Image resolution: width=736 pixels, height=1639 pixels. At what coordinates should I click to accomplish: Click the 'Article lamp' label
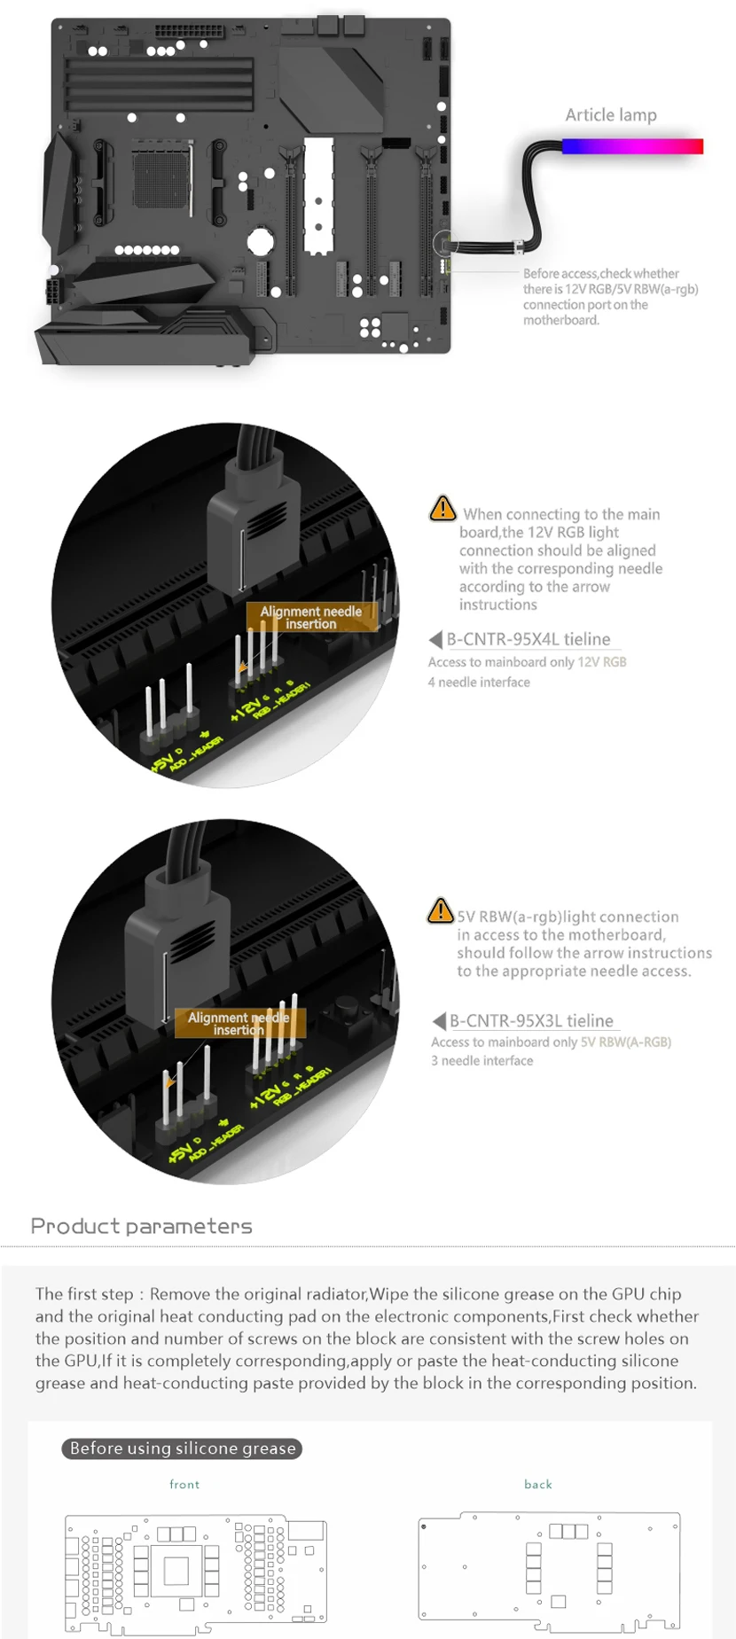pos(611,114)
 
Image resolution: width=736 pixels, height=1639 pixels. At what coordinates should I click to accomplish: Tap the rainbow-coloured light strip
pos(632,146)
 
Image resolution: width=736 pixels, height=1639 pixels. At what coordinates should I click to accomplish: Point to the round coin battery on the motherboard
pos(260,241)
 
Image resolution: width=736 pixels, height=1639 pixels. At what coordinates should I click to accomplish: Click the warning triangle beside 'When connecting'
pos(442,509)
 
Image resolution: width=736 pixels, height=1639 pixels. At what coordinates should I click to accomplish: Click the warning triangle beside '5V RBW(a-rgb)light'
pos(441,910)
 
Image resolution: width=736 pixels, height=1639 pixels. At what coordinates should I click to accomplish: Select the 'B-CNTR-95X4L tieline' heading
pos(529,639)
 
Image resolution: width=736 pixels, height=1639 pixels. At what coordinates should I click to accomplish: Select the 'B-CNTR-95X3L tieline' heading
pos(531,1021)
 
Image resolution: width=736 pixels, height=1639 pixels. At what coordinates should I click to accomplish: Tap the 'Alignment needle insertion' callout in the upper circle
pos(311,618)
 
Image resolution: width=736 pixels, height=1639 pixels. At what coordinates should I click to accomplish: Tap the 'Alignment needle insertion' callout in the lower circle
pos(239,1024)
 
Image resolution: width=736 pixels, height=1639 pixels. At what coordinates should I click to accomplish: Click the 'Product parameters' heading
pos(142,1227)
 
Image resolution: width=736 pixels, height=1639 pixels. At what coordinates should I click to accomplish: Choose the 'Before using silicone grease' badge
pos(183,1448)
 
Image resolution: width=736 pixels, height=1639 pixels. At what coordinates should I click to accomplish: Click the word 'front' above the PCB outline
pos(184,1485)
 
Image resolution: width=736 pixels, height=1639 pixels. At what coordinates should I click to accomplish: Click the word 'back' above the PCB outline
pos(538,1485)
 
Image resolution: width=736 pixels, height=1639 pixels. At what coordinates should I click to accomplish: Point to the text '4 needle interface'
pos(479,683)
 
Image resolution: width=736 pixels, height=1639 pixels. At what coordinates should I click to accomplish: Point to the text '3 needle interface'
pos(482,1061)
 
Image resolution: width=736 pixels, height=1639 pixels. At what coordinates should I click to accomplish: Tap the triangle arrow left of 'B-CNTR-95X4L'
pos(435,639)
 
